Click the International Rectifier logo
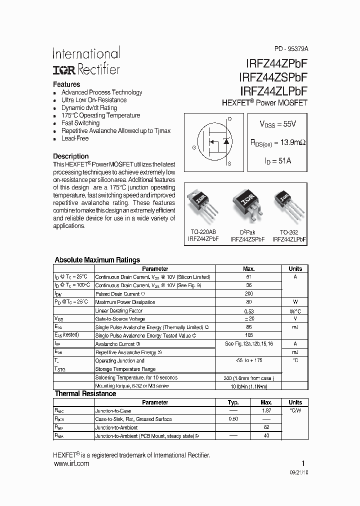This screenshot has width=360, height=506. click(86, 61)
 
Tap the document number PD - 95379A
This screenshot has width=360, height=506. click(291, 49)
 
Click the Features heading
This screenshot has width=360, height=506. click(66, 84)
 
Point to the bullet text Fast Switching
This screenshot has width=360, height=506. click(80, 123)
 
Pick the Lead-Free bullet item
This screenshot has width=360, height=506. click(74, 138)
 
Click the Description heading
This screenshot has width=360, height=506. click(70, 156)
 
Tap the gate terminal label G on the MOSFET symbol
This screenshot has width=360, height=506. click(193, 147)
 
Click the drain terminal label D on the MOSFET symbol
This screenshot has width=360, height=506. click(229, 119)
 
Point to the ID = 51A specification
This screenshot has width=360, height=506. click(277, 161)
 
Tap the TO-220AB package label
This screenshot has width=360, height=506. click(203, 232)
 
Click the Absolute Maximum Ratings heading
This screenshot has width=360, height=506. click(97, 260)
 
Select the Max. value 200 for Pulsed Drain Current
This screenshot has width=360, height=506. click(249, 293)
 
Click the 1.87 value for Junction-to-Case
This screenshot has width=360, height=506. click(266, 410)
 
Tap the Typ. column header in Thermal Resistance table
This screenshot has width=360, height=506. click(233, 402)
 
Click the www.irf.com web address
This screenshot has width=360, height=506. click(71, 463)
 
